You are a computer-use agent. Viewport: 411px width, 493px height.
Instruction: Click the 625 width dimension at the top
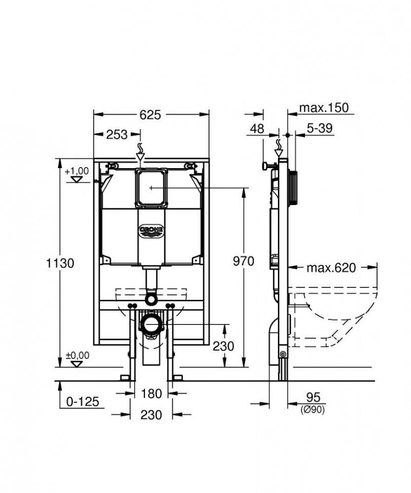[152, 115]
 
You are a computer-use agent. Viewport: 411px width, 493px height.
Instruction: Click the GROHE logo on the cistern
[152, 229]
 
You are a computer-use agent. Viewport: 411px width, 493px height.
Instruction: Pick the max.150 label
[324, 108]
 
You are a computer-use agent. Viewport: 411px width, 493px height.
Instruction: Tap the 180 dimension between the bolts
[152, 394]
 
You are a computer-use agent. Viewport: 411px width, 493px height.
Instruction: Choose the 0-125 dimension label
[82, 401]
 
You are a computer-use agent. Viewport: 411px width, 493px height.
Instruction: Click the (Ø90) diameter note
[313, 410]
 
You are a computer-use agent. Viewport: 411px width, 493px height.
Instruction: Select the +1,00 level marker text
[77, 171]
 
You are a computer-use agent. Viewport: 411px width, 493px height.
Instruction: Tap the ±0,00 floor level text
[77, 355]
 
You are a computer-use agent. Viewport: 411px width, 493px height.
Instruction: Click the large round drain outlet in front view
[151, 325]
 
